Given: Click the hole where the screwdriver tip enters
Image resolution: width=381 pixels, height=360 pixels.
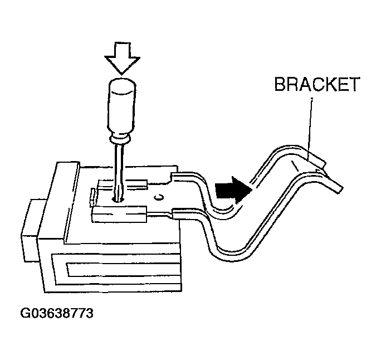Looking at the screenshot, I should (118, 196).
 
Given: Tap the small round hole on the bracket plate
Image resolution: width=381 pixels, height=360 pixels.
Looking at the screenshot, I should (159, 196).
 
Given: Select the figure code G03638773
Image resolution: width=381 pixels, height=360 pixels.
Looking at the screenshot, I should (56, 313).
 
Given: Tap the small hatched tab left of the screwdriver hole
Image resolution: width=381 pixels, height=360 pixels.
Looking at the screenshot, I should (92, 195).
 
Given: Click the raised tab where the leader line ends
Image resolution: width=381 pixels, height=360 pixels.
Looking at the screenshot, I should (316, 160).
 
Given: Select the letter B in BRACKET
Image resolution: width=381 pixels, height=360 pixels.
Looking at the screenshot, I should (279, 85).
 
